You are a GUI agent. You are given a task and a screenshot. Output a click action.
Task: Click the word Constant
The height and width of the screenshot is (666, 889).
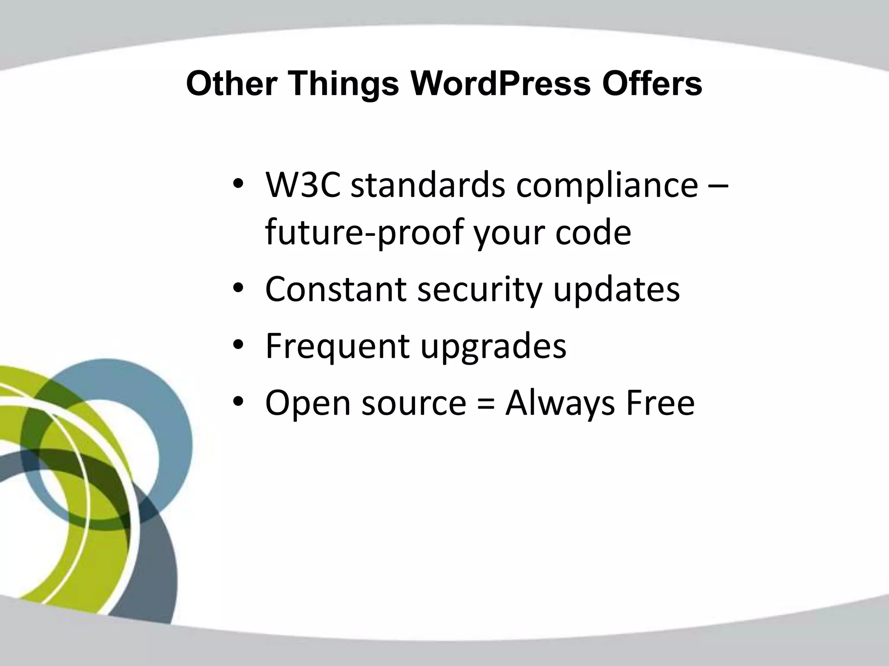336,289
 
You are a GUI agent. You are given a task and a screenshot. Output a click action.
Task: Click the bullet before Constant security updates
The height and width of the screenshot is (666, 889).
239,289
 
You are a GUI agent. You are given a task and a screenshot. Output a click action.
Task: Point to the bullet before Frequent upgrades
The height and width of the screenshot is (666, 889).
239,346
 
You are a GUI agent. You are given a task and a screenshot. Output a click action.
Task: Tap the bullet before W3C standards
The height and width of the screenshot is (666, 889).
239,185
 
